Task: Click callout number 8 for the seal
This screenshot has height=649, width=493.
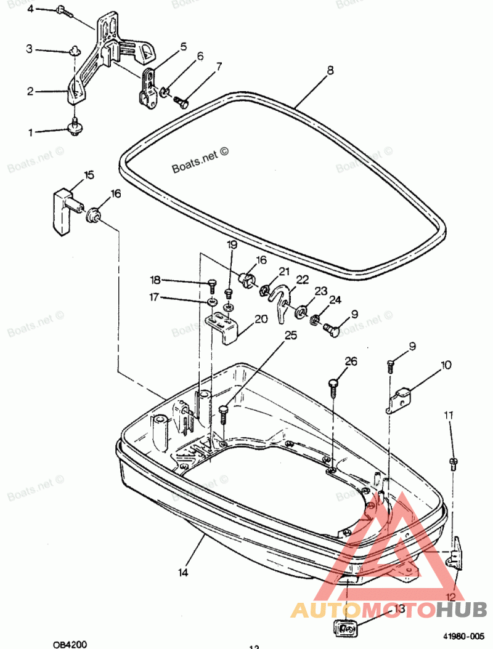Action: tap(330, 70)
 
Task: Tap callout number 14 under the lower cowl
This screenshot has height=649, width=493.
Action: tap(183, 572)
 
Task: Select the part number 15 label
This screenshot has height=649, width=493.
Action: tap(89, 175)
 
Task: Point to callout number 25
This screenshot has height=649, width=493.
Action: tap(290, 336)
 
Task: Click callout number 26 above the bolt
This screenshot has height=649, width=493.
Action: tap(351, 361)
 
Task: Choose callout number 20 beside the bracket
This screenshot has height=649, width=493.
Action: tap(261, 319)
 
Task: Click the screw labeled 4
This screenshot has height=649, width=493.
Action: tap(64, 10)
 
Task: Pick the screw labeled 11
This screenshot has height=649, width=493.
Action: tap(454, 462)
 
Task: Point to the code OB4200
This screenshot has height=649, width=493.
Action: tap(70, 644)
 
